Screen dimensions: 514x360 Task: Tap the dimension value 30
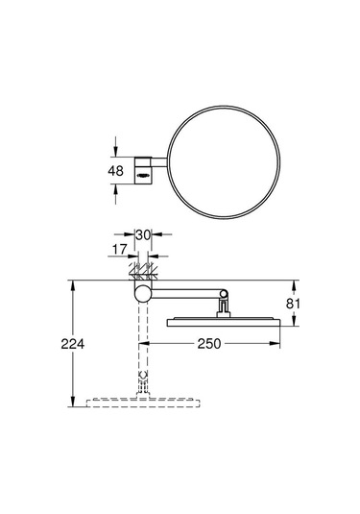(x=143, y=233)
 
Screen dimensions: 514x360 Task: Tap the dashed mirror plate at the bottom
(x=143, y=401)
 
